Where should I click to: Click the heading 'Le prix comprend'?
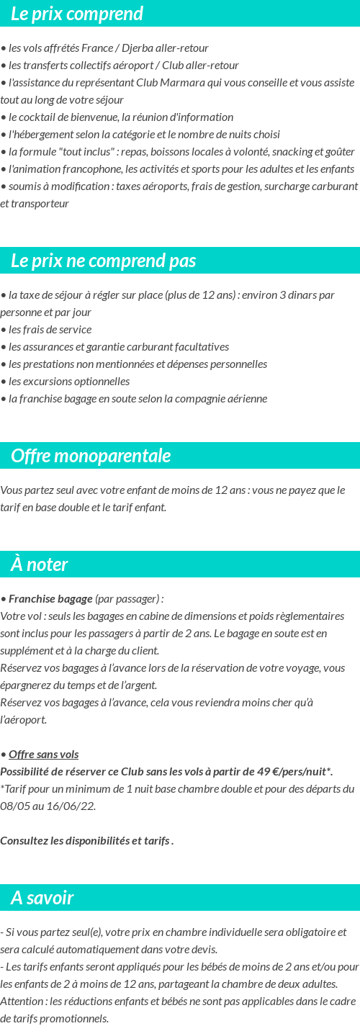[x=77, y=14]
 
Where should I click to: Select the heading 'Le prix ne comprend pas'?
[x=104, y=261]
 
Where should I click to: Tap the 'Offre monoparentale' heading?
[x=91, y=456]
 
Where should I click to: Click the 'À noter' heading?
[x=40, y=564]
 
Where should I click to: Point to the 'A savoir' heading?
[x=42, y=898]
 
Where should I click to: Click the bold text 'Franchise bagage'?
[x=50, y=599]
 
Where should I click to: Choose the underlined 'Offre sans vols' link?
[x=43, y=755]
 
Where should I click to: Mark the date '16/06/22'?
[x=74, y=806]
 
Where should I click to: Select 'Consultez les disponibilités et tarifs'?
[x=85, y=841]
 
